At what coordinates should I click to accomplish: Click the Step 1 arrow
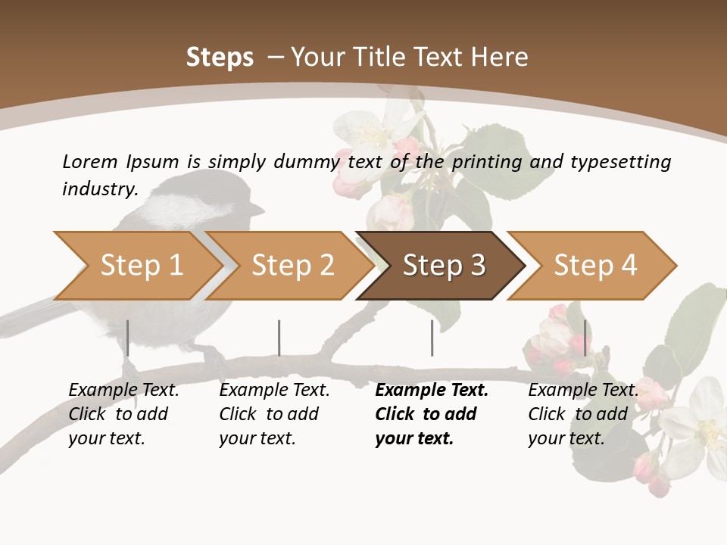(136, 266)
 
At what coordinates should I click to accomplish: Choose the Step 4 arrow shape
(594, 266)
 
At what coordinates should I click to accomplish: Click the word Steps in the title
(220, 58)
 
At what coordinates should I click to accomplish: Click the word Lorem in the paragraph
(89, 161)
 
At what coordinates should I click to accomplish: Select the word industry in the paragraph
(99, 188)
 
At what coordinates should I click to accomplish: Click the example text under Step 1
(123, 414)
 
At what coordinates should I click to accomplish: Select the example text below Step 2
(274, 414)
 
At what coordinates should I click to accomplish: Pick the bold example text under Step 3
(432, 414)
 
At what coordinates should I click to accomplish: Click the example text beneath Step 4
(583, 414)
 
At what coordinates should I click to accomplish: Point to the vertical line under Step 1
(128, 338)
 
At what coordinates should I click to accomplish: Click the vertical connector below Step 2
(279, 338)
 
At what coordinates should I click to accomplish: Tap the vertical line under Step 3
(432, 338)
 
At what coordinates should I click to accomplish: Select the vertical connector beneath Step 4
(585, 338)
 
